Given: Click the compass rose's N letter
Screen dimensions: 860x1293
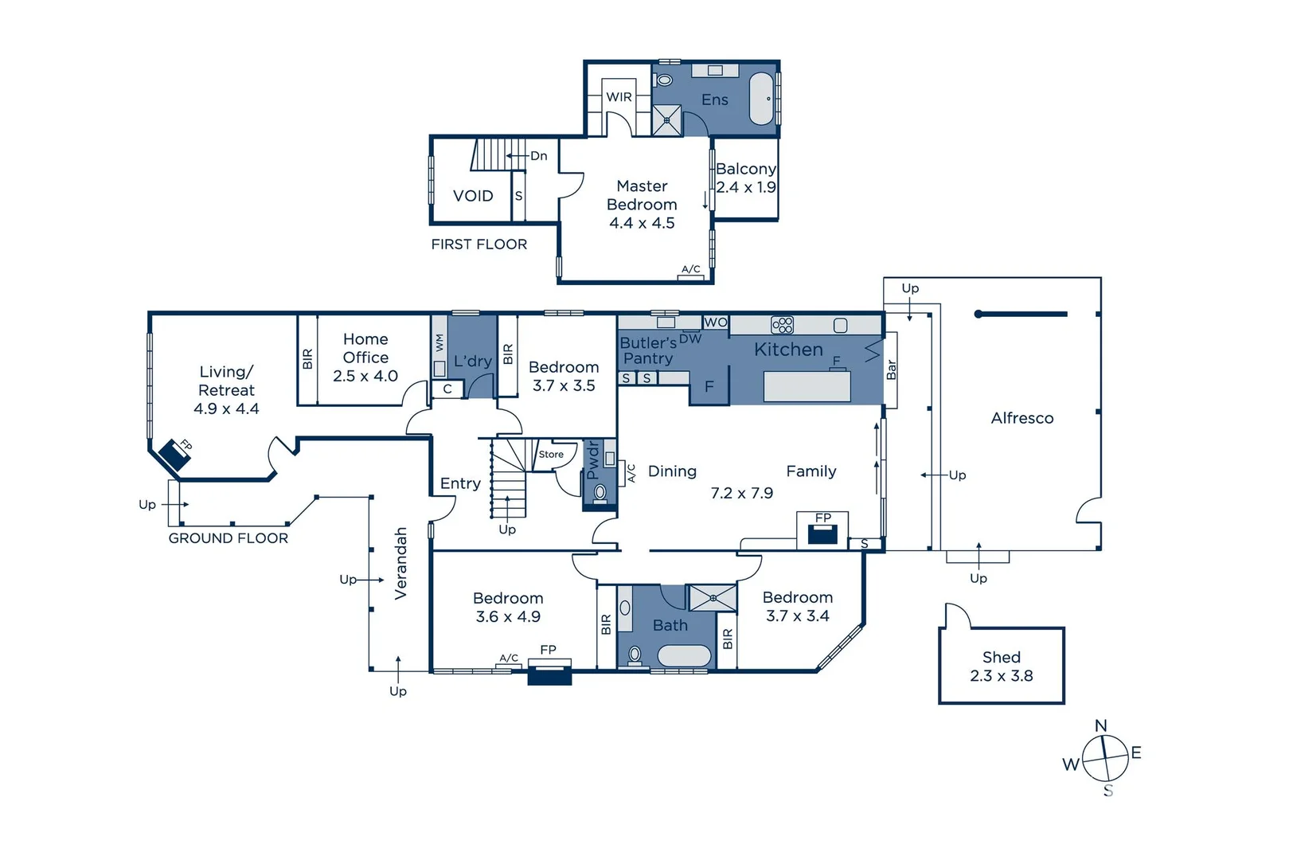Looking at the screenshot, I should click(x=1101, y=726).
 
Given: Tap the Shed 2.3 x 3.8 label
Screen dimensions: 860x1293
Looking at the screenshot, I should click(x=1002, y=666).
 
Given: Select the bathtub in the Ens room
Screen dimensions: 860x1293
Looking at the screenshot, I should click(x=762, y=99).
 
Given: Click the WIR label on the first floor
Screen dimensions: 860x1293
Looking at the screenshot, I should click(x=619, y=97).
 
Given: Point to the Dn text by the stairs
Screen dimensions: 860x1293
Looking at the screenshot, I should click(x=539, y=156).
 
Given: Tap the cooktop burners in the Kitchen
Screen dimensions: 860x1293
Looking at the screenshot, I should click(x=782, y=325).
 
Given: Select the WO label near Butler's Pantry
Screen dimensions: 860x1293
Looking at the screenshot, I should click(x=716, y=322).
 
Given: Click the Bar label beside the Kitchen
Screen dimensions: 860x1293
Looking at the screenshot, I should click(x=892, y=369).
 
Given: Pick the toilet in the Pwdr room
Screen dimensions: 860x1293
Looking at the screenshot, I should click(x=600, y=493).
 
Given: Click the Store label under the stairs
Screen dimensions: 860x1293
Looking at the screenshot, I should click(x=551, y=455).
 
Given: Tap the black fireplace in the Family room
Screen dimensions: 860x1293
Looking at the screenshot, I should click(x=822, y=534).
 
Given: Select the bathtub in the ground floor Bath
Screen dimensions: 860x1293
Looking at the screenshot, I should click(x=684, y=656).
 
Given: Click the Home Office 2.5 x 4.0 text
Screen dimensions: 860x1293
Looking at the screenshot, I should click(x=365, y=358).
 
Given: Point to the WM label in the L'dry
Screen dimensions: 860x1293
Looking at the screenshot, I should click(x=439, y=343).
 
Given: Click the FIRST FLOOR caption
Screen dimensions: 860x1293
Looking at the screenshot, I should click(x=479, y=244).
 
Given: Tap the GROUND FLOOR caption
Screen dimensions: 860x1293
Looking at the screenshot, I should click(x=229, y=538).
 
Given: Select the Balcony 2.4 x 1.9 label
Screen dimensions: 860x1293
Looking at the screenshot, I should click(x=745, y=178).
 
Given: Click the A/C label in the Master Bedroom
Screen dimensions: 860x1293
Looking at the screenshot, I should click(x=691, y=269).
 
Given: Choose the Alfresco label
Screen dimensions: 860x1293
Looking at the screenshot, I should click(x=1022, y=418).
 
